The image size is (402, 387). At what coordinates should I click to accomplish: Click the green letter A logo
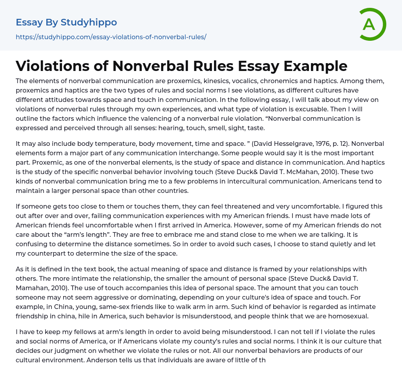pos(372,24)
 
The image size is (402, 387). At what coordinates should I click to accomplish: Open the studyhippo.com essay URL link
pos(111,37)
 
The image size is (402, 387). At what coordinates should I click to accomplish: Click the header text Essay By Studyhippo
pos(66,22)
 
